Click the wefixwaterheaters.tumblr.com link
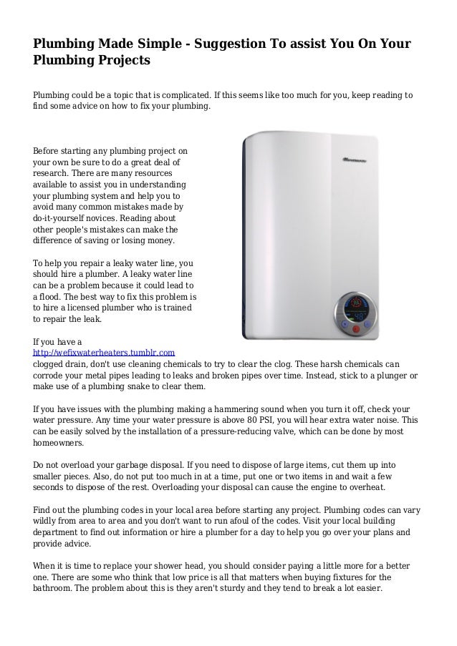pos(105,353)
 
